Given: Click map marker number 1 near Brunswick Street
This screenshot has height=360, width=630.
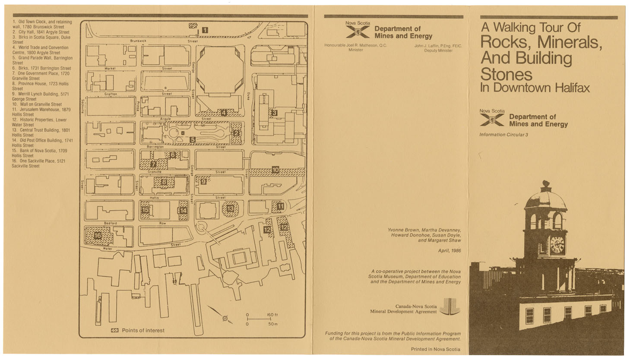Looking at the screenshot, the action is [205, 30].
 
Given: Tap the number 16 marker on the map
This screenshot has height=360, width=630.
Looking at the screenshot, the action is [98, 236].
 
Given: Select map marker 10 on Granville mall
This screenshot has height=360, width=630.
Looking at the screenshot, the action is [275, 170].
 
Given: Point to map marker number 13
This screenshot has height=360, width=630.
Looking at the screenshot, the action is [230, 209].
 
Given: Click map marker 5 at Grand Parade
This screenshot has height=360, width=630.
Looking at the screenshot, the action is [193, 139].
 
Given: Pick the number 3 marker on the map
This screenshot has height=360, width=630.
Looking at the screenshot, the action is [274, 113].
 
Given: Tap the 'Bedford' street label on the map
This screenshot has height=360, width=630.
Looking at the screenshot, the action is [111, 223].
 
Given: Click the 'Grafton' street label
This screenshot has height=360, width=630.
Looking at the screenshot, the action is [111, 94].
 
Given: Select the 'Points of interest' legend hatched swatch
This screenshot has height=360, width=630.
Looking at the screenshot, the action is [115, 330].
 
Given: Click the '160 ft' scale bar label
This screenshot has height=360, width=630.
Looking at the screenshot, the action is [272, 315].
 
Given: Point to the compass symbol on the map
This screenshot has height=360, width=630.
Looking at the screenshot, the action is [225, 319].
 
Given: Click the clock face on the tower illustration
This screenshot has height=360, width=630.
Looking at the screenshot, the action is [557, 245].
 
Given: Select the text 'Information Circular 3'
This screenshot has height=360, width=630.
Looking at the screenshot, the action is [503, 135].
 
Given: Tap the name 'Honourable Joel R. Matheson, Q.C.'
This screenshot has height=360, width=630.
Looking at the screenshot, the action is [355, 45].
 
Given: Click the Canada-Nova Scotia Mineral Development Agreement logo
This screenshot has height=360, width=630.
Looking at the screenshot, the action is [450, 306].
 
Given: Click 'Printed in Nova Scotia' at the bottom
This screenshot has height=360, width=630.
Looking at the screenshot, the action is [435, 349].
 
